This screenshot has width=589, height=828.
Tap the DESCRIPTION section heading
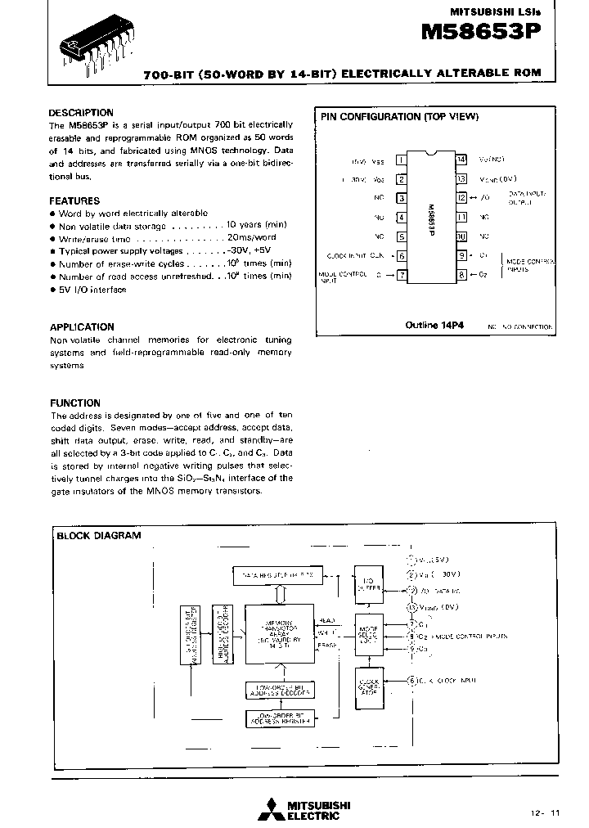pos(81,113)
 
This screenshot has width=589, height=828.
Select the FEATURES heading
pos(74,200)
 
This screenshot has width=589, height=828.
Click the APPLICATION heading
pos(82,327)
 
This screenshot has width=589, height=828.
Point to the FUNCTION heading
pos(75,403)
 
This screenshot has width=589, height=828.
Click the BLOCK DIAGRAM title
pos(98,536)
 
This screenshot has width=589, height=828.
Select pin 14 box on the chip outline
pos(461,160)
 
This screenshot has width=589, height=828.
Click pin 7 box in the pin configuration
pos(402,275)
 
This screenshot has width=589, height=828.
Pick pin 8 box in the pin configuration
pos(461,275)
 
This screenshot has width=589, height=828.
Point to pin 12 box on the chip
pos(461,198)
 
